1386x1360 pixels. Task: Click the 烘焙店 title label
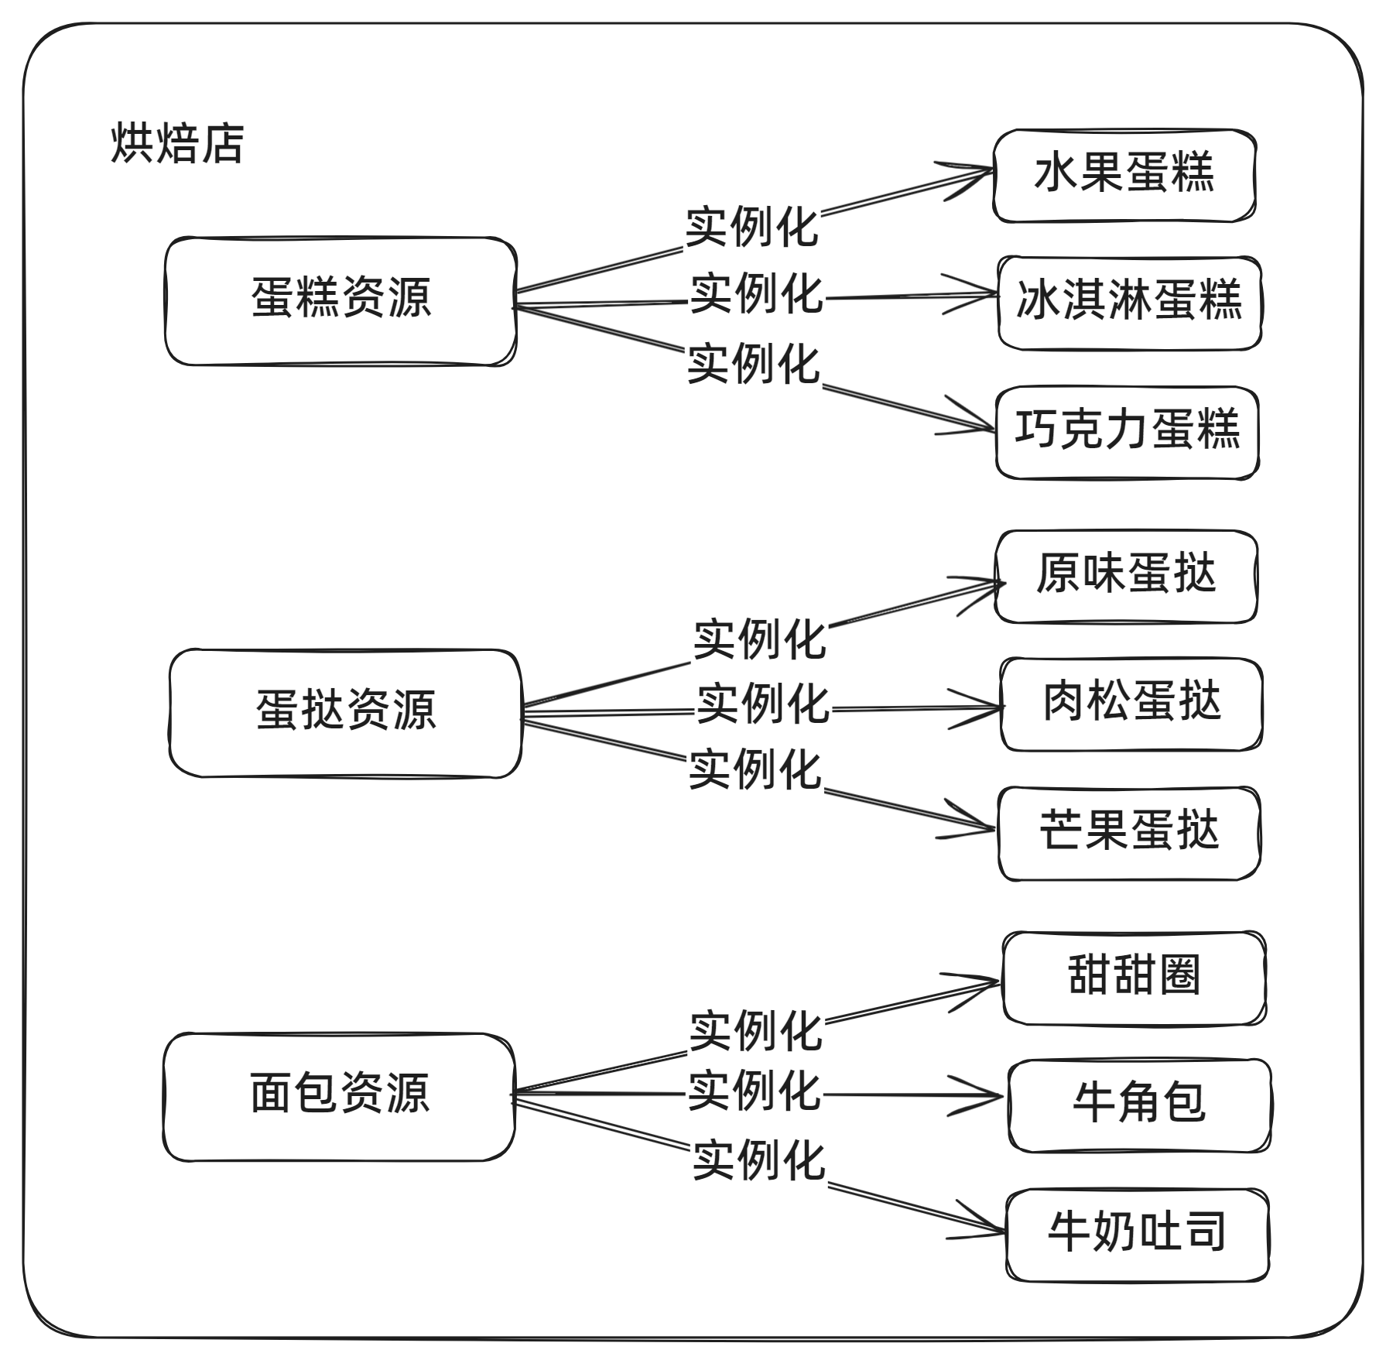(x=177, y=144)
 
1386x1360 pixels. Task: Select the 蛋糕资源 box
(x=341, y=300)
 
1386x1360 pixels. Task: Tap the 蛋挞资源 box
(x=345, y=712)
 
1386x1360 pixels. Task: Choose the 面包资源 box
(x=339, y=1095)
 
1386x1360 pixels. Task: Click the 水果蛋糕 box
(x=1124, y=175)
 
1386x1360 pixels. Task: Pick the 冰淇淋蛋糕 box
(x=1129, y=302)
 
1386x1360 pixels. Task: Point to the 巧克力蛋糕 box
(x=1128, y=432)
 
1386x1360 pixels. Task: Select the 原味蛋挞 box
(x=1126, y=576)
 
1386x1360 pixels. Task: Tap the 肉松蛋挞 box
(x=1131, y=704)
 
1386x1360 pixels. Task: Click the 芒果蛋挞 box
(x=1129, y=833)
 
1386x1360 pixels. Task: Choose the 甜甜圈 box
(x=1134, y=978)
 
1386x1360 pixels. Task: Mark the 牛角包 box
(x=1139, y=1105)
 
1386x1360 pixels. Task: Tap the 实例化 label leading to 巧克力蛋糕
(x=753, y=365)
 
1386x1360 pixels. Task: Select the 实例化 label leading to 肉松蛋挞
(x=762, y=704)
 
